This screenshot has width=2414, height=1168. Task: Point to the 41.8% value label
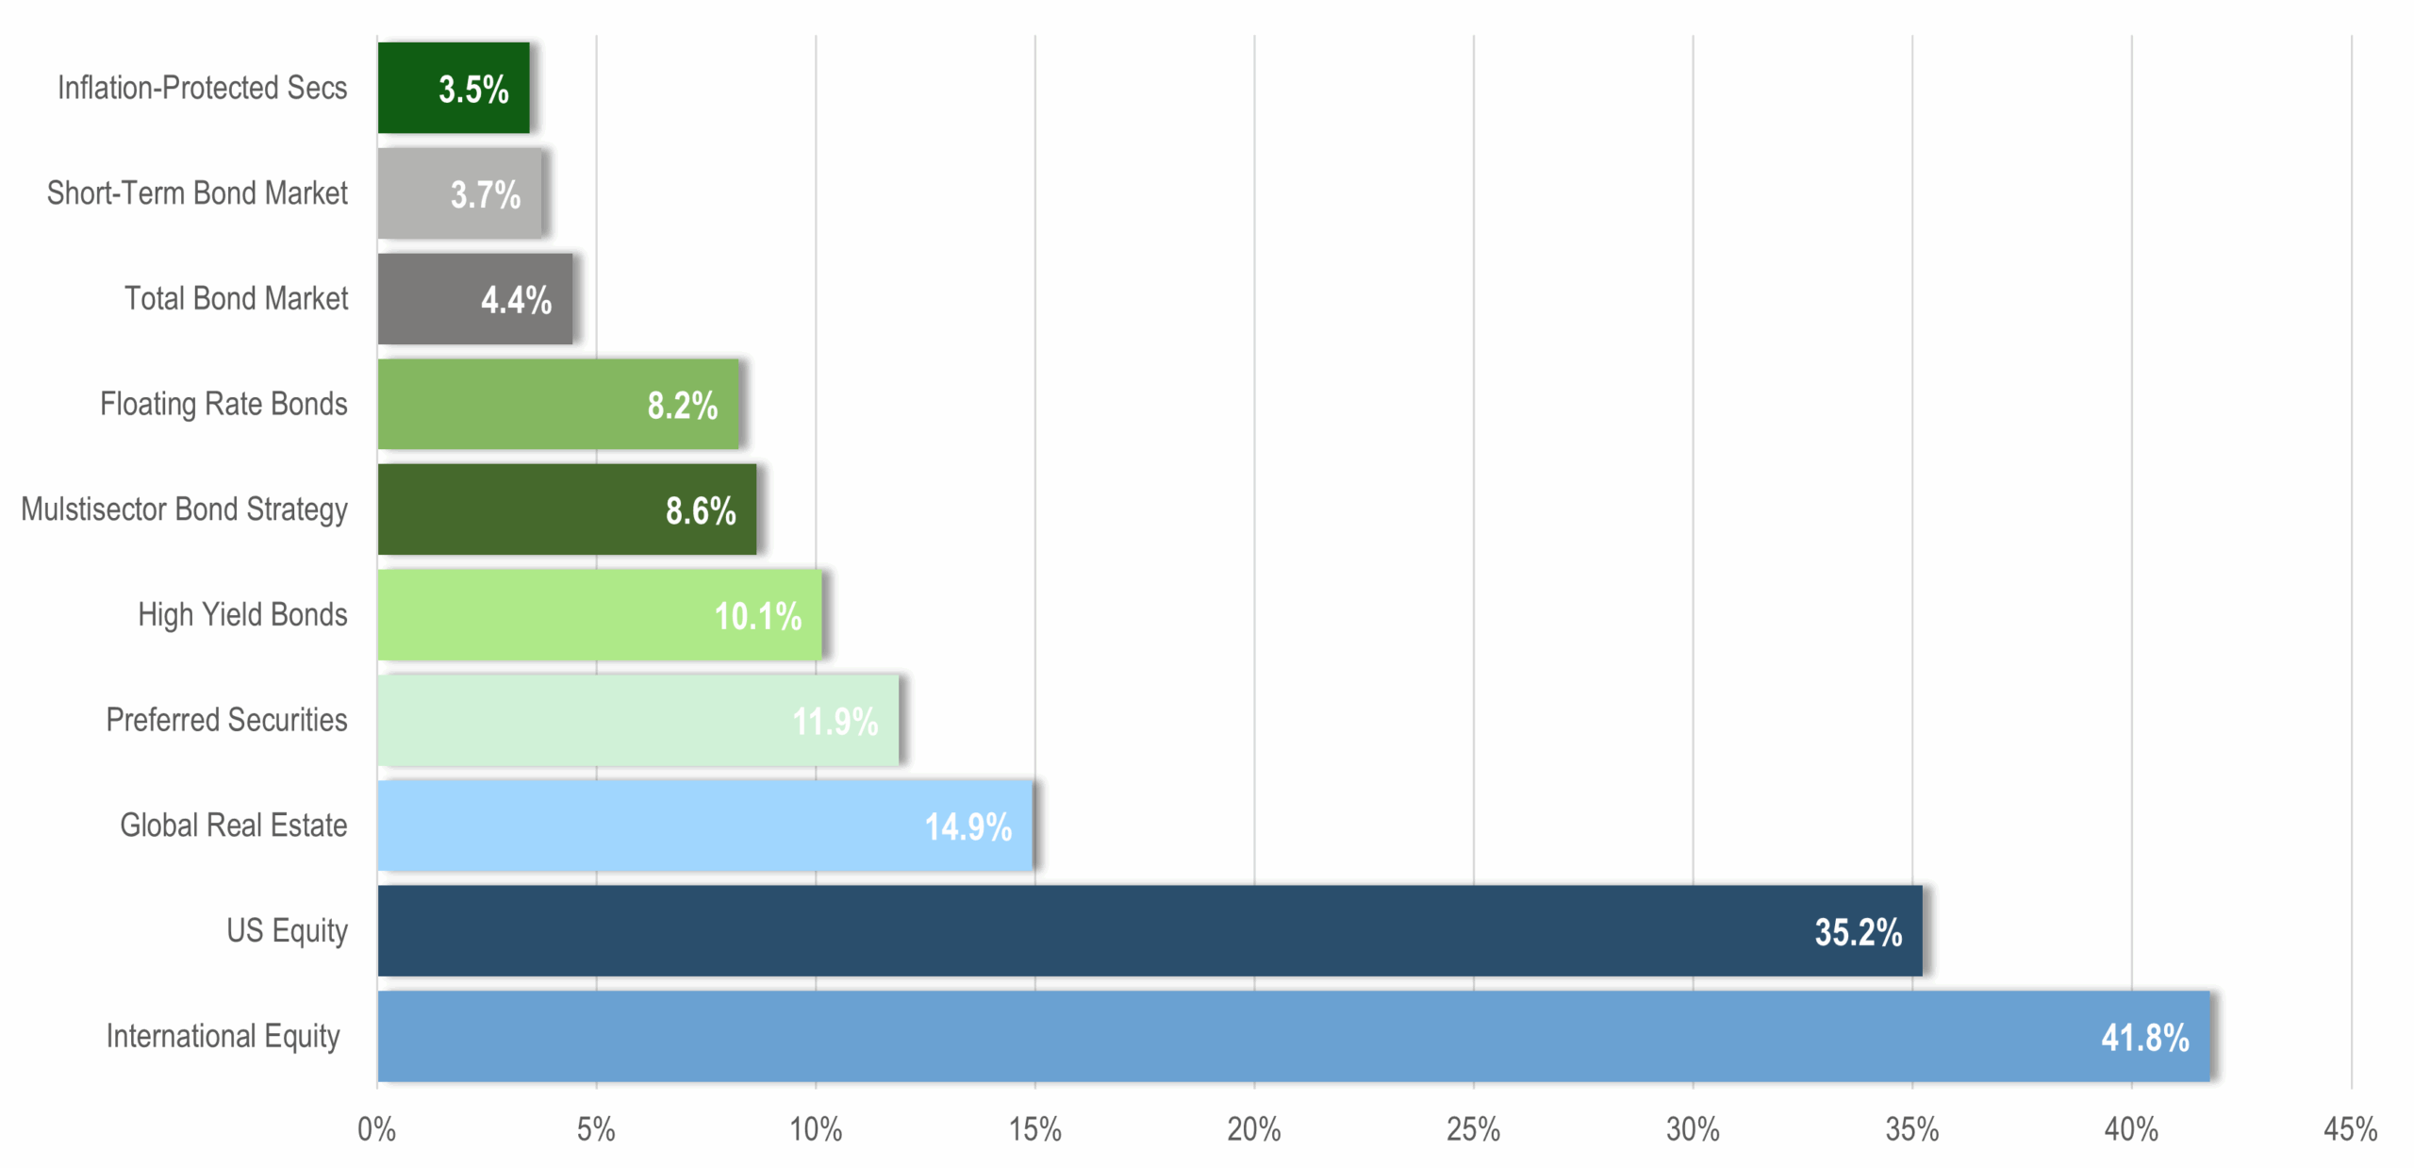(2144, 1038)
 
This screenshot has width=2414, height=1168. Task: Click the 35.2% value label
(1858, 932)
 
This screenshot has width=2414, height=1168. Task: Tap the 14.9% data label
(967, 827)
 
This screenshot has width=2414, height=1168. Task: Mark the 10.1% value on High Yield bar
(757, 616)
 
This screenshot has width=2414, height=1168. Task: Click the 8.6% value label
(701, 511)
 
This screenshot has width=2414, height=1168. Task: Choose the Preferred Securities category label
(226, 720)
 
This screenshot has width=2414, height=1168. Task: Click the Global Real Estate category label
(233, 826)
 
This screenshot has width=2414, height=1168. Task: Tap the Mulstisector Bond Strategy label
(184, 509)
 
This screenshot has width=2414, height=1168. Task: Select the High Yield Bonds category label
(242, 615)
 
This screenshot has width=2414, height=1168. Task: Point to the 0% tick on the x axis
(376, 1129)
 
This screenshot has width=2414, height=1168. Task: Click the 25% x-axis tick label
(1473, 1129)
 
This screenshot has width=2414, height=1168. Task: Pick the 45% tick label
(2350, 1129)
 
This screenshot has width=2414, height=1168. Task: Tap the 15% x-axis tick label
(1034, 1129)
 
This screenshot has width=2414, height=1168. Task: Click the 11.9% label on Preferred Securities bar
(835, 722)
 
